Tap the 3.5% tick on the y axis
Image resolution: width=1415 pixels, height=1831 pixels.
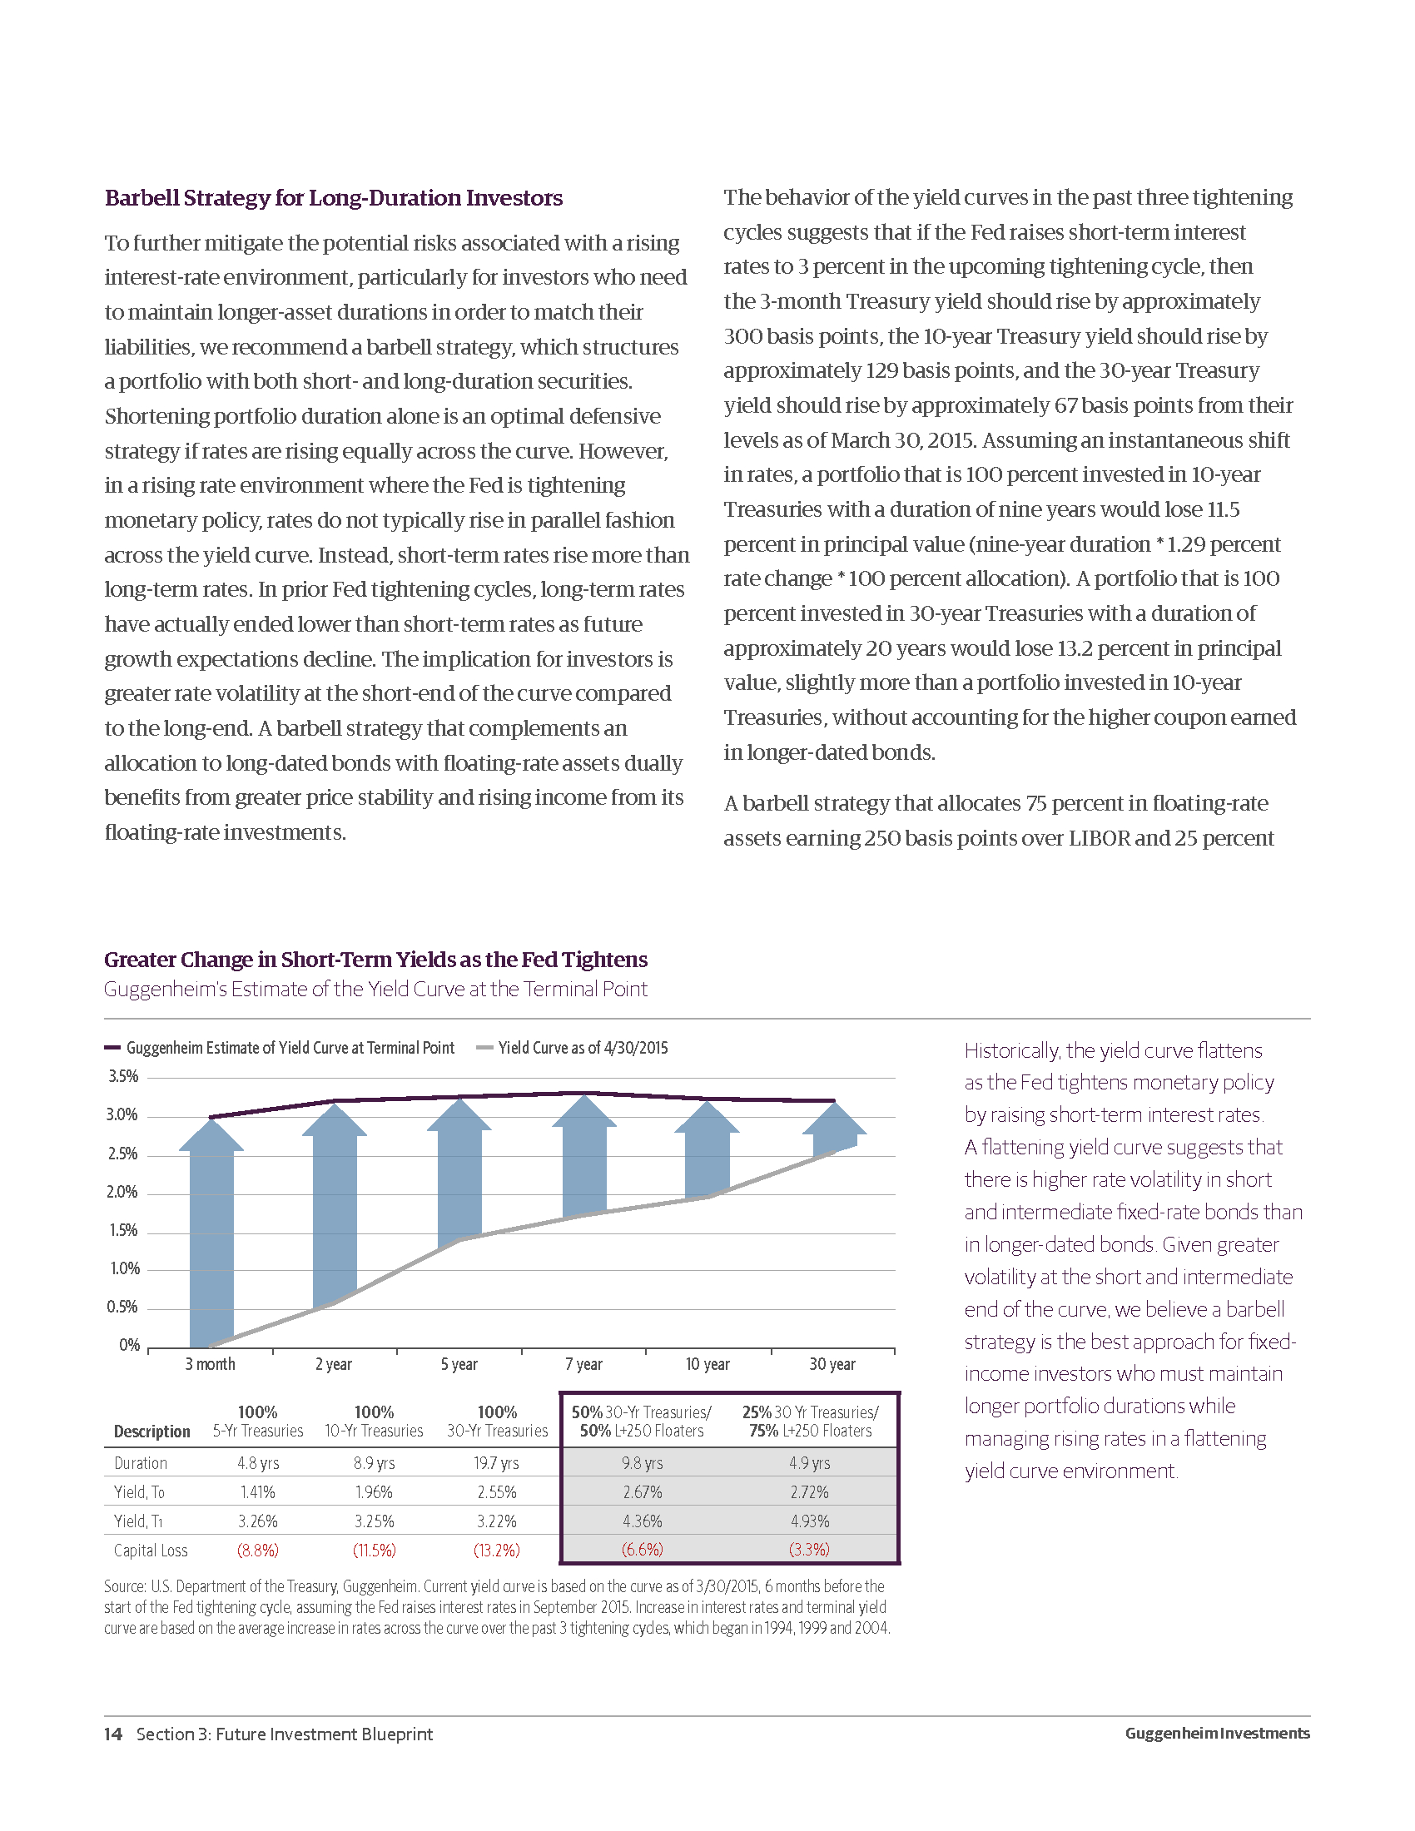(123, 1076)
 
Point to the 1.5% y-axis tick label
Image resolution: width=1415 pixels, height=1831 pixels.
(123, 1231)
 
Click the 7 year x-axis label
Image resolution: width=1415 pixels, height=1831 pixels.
(583, 1364)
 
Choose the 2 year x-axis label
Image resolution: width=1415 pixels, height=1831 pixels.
(334, 1364)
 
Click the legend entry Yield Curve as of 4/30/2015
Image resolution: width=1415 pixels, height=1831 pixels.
(582, 1048)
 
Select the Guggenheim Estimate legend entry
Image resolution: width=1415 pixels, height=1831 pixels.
(289, 1048)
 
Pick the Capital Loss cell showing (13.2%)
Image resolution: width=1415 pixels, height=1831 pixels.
(496, 1551)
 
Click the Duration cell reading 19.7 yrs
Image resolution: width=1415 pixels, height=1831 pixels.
(496, 1463)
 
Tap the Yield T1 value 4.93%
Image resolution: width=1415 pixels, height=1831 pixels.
(810, 1521)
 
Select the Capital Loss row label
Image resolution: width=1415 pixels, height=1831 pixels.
(151, 1551)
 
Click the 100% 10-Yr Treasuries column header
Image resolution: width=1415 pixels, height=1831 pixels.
(374, 1422)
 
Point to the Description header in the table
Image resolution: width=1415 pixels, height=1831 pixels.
(151, 1432)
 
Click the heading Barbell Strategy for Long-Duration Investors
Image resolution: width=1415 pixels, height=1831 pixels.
(334, 198)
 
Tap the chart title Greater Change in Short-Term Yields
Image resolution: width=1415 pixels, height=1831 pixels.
(375, 959)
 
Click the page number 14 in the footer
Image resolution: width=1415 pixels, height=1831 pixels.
(113, 1734)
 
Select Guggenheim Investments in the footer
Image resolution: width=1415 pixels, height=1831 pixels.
(1217, 1733)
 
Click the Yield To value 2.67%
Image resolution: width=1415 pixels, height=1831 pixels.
(642, 1492)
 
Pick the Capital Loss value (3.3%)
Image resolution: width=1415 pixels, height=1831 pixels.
(810, 1551)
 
